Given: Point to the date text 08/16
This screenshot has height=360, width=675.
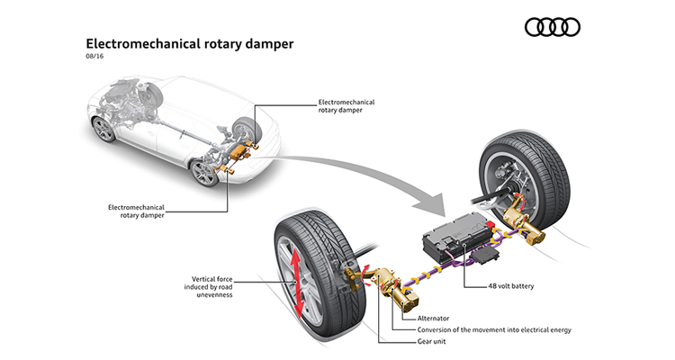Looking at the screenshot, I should [95, 58].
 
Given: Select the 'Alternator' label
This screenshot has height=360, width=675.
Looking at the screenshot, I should [433, 318].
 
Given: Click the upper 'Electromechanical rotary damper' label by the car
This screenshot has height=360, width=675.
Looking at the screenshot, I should [346, 107].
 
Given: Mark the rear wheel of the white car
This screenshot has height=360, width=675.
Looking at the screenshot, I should [205, 172].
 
